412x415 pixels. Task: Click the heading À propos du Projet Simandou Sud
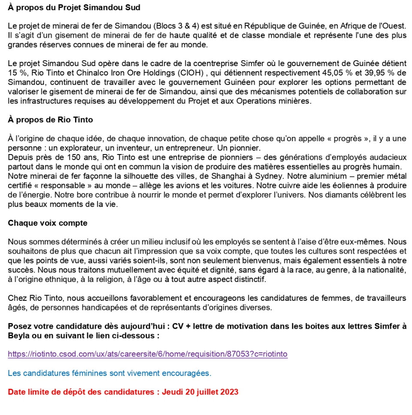(74, 8)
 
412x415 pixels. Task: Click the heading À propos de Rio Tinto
(50, 120)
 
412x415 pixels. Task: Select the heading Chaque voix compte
(47, 223)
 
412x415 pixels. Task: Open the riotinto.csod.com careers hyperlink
(148, 354)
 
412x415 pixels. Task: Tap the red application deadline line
(123, 392)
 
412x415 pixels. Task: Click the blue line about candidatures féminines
(109, 373)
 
